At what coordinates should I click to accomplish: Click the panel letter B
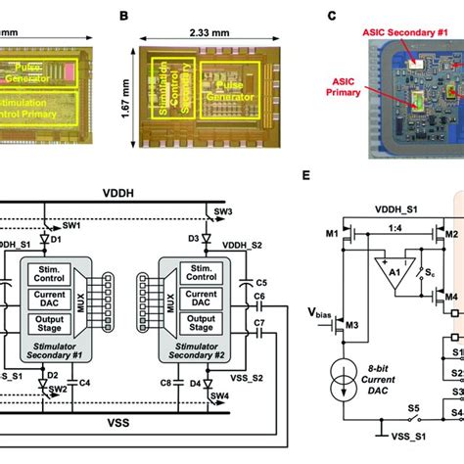[151, 17]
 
